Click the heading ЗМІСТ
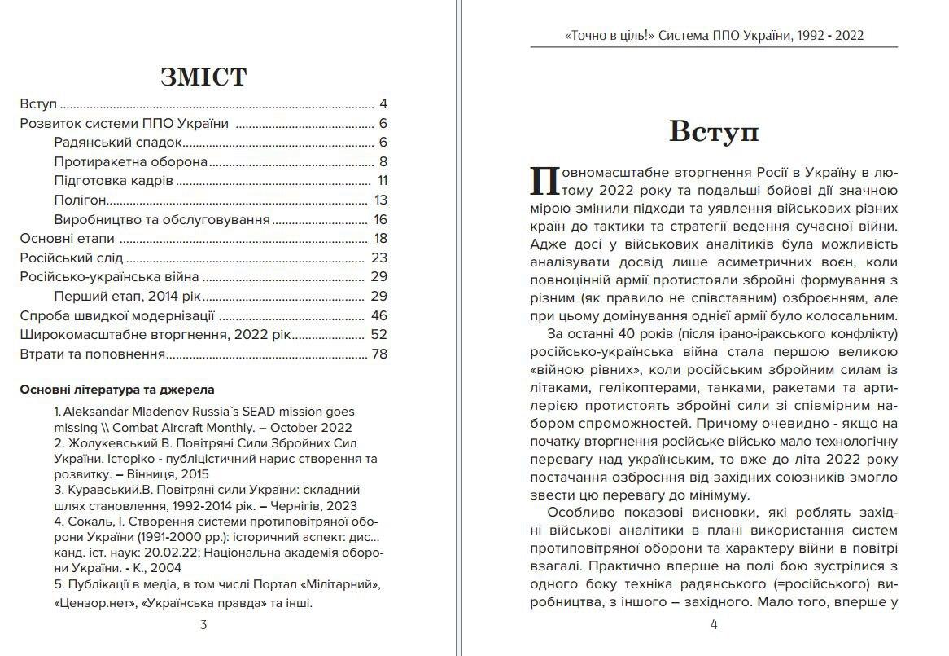[203, 77]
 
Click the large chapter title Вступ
[713, 130]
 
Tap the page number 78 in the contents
[379, 354]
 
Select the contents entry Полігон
[81, 200]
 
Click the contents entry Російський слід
[71, 258]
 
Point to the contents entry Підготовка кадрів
[113, 181]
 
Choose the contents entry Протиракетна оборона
[130, 161]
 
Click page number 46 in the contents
[379, 315]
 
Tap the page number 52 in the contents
[379, 334]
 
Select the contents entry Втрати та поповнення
[93, 354]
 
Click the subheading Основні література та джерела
[117, 390]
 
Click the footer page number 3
[203, 625]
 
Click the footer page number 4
[714, 625]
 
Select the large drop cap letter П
[543, 181]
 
